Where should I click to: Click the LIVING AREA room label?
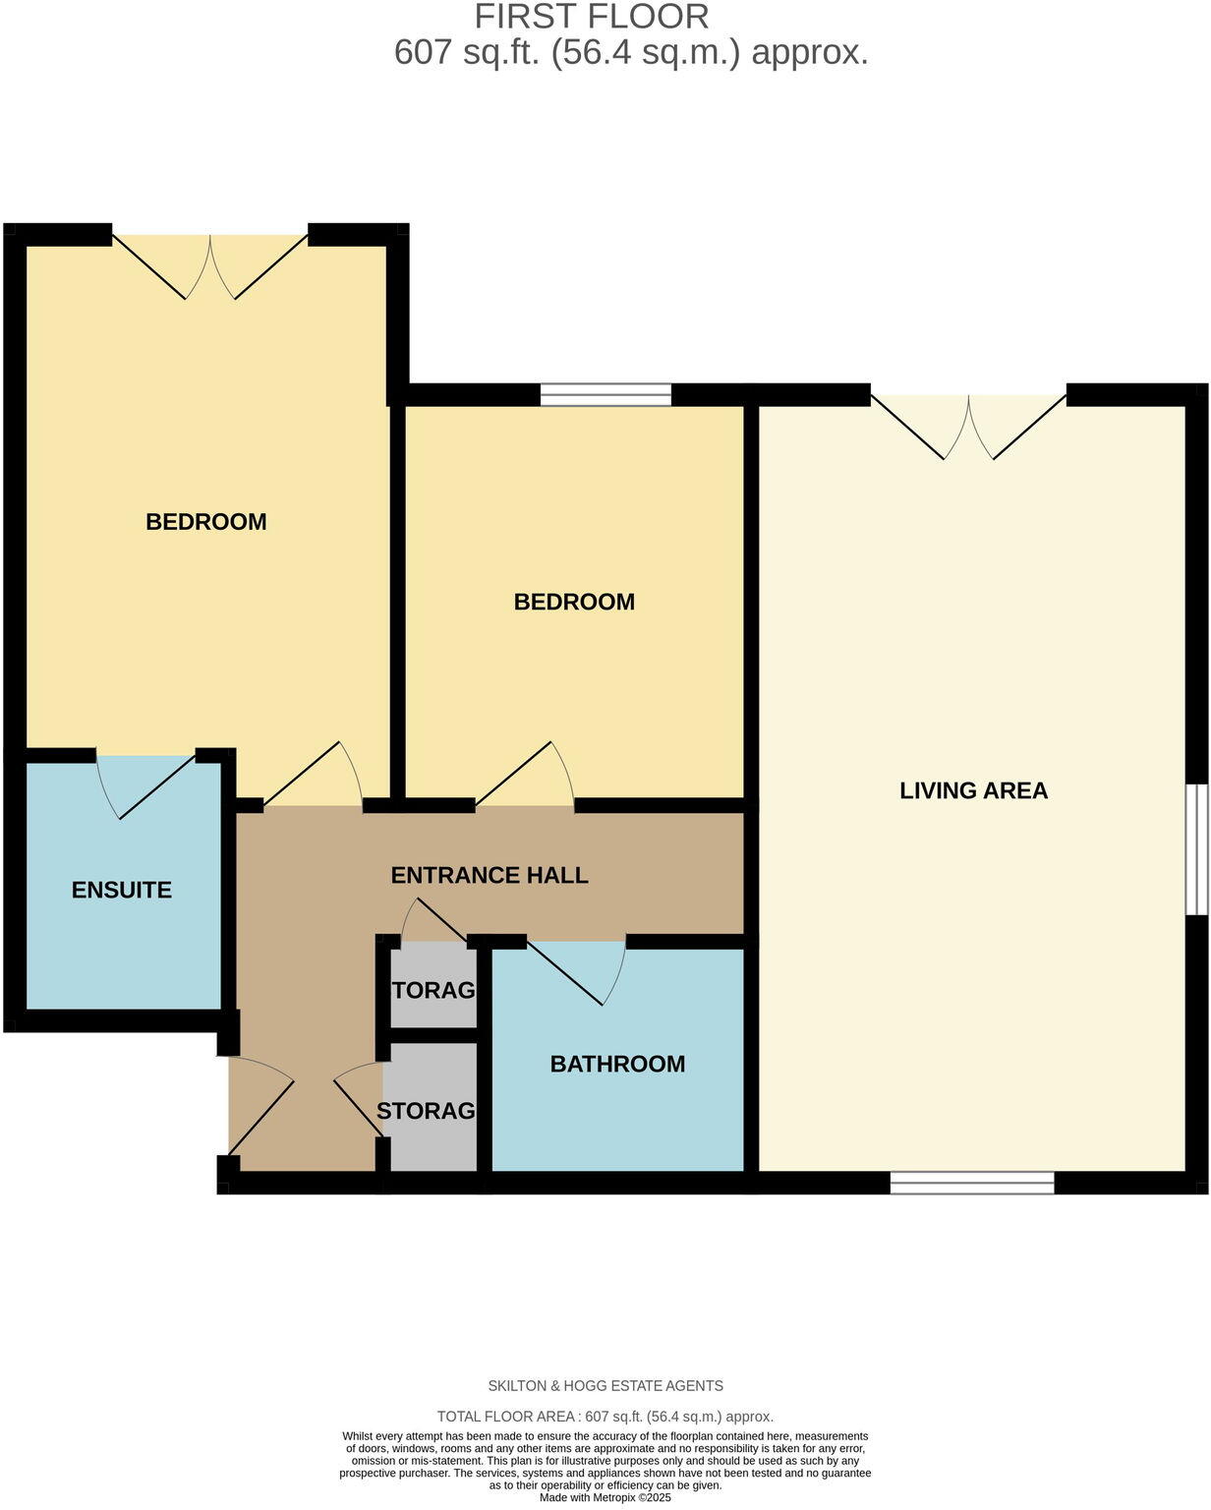coord(973,790)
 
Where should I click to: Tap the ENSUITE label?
coord(122,890)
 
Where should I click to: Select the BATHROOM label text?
coord(617,1064)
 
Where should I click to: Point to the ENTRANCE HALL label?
coord(490,875)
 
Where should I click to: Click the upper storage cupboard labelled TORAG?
coord(433,990)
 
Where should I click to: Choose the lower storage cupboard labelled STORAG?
coord(427,1111)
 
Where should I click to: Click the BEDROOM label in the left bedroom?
coord(206,521)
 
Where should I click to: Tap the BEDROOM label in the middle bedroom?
coord(574,602)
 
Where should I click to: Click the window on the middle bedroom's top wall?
coord(605,395)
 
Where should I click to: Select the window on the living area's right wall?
coord(1195,848)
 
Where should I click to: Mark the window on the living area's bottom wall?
coord(972,1183)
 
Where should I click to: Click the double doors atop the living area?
coord(969,425)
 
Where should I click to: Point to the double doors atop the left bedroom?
coord(210,265)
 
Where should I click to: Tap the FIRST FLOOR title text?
coord(592,17)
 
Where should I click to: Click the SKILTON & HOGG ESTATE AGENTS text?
coord(605,1386)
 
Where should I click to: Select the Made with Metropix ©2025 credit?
coord(605,1498)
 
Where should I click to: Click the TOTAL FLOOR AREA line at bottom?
coord(605,1417)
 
